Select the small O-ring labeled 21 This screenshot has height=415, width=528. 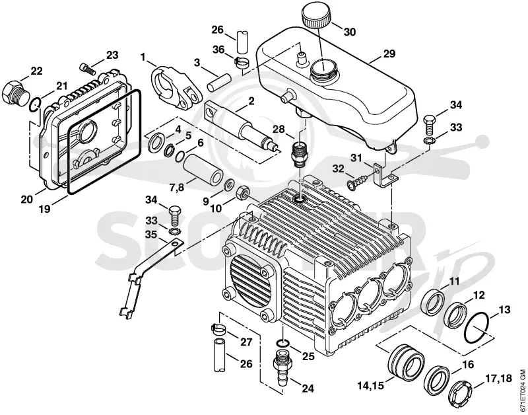(x=36, y=104)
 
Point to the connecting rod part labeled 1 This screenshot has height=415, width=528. (x=176, y=89)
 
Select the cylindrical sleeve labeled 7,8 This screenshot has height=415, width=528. (x=203, y=170)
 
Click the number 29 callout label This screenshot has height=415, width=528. (x=389, y=54)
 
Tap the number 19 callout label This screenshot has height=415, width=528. (x=44, y=209)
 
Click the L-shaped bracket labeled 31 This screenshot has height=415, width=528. (x=385, y=174)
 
